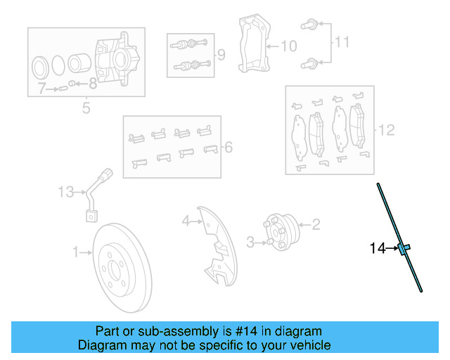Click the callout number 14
378,247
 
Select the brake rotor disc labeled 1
123,270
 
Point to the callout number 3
250,243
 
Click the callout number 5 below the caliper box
86,108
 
